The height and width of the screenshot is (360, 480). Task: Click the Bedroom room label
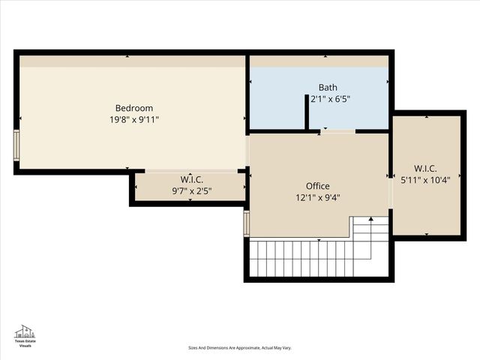[x=133, y=108]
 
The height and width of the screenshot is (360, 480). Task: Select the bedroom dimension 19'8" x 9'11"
[x=133, y=119]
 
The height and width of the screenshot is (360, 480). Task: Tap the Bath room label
[x=328, y=88]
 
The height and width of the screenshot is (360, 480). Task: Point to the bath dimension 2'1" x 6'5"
[x=331, y=99]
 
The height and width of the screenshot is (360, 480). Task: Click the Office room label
[x=317, y=186]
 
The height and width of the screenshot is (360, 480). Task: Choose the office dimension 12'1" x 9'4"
[x=317, y=198]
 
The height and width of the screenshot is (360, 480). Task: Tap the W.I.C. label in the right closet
[x=425, y=169]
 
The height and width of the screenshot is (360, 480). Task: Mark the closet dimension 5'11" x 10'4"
[x=425, y=180]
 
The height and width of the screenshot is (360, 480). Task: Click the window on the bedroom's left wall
[x=16, y=145]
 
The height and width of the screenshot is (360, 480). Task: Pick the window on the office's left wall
[x=246, y=223]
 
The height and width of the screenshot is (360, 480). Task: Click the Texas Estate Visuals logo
[x=25, y=337]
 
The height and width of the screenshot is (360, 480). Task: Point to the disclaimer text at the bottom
[x=239, y=348]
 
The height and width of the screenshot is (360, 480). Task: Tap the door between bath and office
[x=338, y=132]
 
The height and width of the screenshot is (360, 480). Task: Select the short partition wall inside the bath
[x=307, y=112]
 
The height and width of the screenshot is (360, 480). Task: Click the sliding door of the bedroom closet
[x=190, y=171]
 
